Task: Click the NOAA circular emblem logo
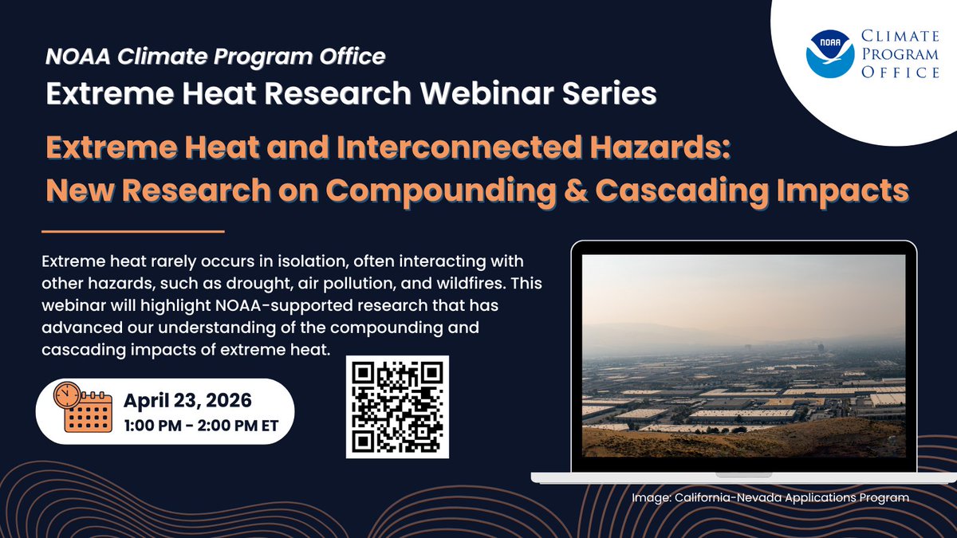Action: (x=829, y=54)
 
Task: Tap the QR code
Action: (x=397, y=407)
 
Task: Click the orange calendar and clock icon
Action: (x=83, y=407)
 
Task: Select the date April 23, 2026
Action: (x=187, y=400)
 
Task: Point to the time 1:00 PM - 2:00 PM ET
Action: (x=201, y=426)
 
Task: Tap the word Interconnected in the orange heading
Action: (x=459, y=147)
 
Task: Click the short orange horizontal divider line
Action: (x=133, y=232)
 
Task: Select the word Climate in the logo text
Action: (x=900, y=37)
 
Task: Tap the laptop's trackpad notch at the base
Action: (x=743, y=475)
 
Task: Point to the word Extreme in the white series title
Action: (x=110, y=93)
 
